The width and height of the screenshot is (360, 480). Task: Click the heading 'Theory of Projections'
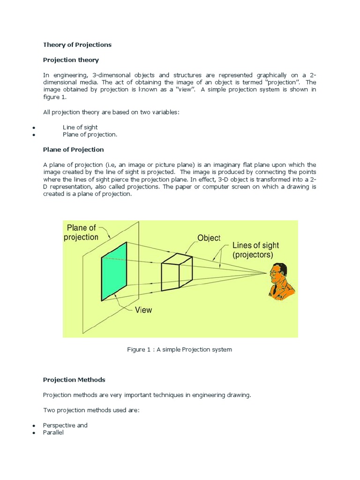pyautogui.click(x=77, y=45)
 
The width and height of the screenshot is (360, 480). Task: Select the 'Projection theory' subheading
pyautogui.click(x=71, y=60)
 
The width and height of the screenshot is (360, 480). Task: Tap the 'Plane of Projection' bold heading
pyautogui.click(x=73, y=150)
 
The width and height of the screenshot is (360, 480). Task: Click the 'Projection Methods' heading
pyautogui.click(x=74, y=380)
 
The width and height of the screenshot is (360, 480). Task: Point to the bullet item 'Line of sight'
pyautogui.click(x=80, y=127)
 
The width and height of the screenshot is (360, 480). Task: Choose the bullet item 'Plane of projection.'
pyautogui.click(x=90, y=135)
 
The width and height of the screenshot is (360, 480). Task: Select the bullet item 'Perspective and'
pyautogui.click(x=65, y=425)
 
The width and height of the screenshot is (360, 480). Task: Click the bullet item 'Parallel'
pyautogui.click(x=53, y=433)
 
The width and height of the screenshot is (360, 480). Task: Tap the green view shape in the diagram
pyautogui.click(x=114, y=271)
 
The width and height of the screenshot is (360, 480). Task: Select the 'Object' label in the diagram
pyautogui.click(x=209, y=238)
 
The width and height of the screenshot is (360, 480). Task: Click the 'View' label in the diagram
pyautogui.click(x=143, y=310)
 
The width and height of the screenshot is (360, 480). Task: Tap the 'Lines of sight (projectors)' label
pyautogui.click(x=255, y=250)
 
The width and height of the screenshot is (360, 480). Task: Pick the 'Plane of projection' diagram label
pyautogui.click(x=81, y=232)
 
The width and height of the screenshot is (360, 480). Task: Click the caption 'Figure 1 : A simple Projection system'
pyautogui.click(x=180, y=350)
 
